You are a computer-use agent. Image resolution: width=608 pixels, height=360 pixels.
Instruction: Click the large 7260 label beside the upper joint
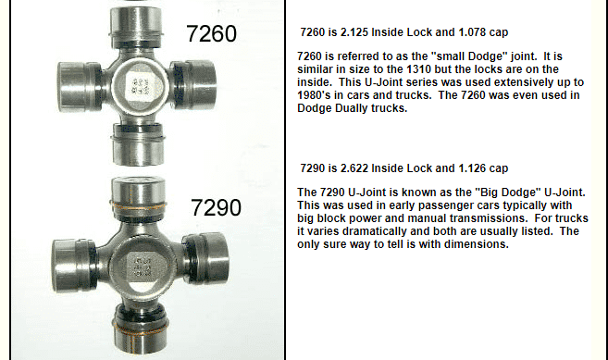tap(211, 33)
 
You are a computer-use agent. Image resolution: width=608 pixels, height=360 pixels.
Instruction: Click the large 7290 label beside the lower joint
tap(216, 207)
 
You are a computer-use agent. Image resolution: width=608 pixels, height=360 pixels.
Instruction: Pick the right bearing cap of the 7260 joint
tap(193, 83)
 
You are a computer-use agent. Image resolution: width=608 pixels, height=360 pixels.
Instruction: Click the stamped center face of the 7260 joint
tap(140, 86)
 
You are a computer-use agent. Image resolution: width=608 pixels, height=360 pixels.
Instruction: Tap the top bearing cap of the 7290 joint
tap(139, 198)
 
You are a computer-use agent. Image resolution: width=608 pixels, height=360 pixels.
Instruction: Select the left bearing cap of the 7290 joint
tap(74, 266)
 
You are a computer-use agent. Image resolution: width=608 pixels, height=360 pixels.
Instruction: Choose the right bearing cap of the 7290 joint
tap(205, 258)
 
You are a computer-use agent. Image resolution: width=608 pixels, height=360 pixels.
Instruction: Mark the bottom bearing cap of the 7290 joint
tap(141, 328)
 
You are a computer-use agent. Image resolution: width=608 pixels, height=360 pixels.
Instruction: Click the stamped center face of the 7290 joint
tap(142, 267)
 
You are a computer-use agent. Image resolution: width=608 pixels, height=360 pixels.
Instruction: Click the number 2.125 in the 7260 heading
tap(354, 32)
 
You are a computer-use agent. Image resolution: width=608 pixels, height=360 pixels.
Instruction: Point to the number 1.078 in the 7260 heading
tap(472, 32)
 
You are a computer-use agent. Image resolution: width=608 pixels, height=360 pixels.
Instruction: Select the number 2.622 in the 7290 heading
tap(354, 168)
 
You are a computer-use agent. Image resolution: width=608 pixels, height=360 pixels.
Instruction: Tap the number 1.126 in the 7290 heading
tap(472, 168)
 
